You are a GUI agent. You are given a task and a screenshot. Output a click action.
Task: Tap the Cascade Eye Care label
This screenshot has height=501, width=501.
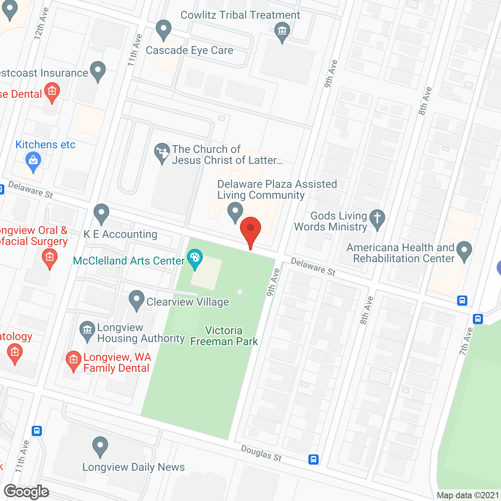[x=189, y=50]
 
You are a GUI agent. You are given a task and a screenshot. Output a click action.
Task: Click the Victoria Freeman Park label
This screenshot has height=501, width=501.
[x=224, y=336]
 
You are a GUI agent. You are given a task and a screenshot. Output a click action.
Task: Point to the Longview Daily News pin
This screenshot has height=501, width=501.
[x=100, y=446]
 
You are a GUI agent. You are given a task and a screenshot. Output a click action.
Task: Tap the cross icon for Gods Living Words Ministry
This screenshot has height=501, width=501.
[x=377, y=218]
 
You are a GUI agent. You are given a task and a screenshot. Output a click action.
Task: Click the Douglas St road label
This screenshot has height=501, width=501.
[x=261, y=453]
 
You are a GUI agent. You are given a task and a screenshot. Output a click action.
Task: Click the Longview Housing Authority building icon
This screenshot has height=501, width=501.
[x=87, y=331]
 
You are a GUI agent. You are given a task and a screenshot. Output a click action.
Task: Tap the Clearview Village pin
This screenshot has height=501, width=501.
[x=136, y=300]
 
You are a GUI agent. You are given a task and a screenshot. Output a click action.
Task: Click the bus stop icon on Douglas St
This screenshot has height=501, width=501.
[x=314, y=459]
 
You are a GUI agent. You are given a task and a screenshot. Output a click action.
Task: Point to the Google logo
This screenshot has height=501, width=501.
[x=27, y=492]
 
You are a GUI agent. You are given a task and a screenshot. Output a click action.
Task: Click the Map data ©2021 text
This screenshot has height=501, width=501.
[x=468, y=495]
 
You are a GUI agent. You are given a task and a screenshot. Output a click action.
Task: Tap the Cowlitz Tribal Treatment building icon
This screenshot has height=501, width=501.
[x=282, y=31]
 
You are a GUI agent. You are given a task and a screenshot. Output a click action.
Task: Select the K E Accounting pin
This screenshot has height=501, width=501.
[x=101, y=213]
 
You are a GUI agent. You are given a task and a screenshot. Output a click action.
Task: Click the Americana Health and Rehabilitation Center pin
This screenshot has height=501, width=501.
[x=464, y=250]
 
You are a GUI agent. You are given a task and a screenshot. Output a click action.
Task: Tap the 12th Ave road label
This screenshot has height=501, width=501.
[x=41, y=23]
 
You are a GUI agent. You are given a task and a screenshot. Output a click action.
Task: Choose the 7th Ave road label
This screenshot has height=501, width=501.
[x=466, y=341]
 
